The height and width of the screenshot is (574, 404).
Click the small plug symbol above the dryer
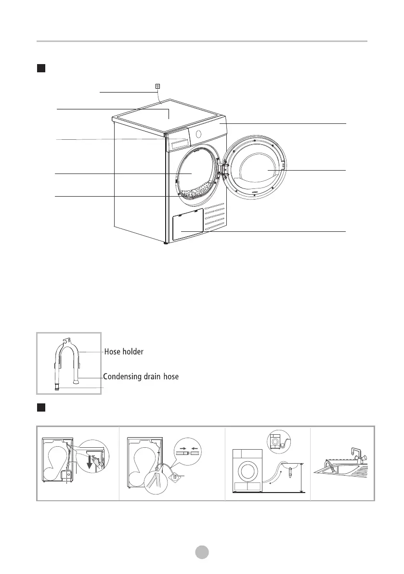coord(157,86)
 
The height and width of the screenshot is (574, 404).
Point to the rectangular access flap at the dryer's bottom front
coord(187,226)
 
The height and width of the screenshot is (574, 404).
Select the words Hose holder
coord(124,352)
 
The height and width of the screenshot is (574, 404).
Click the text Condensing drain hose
coord(141,376)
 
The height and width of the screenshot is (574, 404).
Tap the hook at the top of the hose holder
coord(65,341)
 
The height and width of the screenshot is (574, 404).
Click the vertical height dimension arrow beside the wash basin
coord(301,477)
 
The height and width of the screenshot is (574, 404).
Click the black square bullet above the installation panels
coord(41,408)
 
